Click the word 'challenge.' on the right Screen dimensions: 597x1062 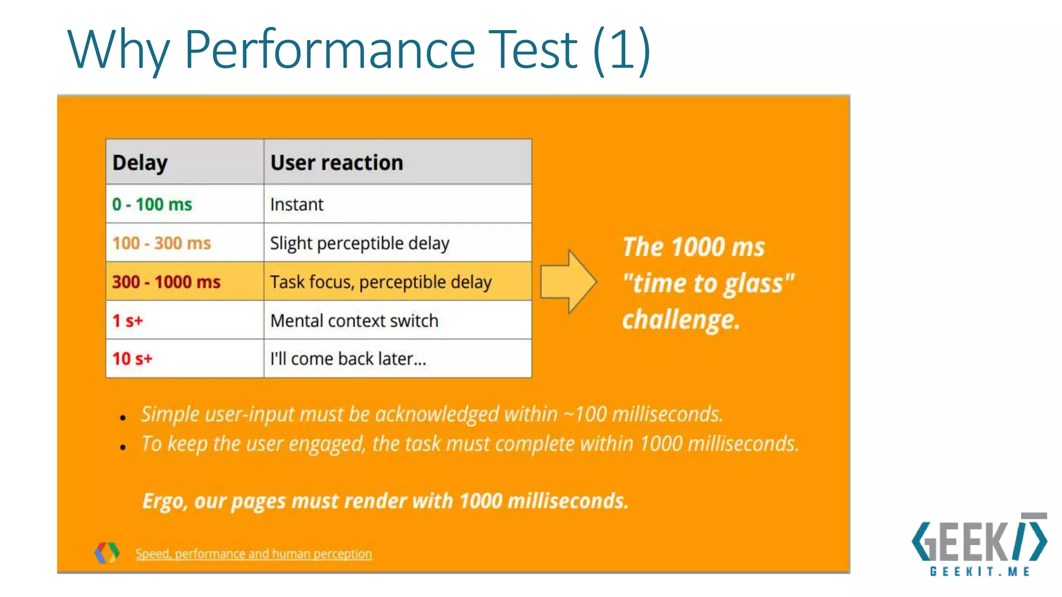point(681,320)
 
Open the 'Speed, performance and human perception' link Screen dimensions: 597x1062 point(254,554)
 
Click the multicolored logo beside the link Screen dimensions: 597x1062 point(107,552)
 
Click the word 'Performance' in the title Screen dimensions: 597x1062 point(330,50)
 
